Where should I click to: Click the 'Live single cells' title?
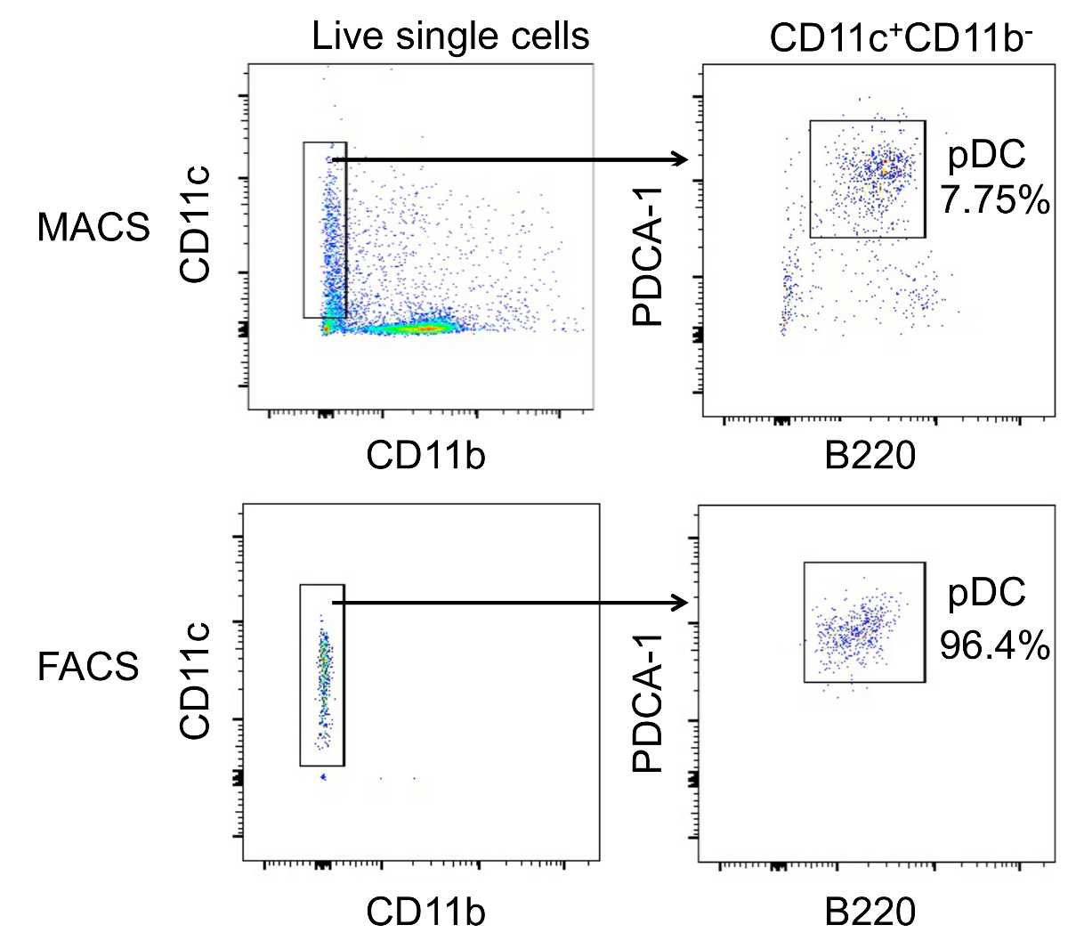(x=450, y=37)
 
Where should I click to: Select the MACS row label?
(x=93, y=228)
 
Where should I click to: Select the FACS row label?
(x=88, y=666)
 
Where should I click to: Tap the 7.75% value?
(x=996, y=201)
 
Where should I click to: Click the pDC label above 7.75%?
(x=986, y=156)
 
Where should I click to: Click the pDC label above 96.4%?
(x=986, y=592)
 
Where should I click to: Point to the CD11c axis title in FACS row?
(x=195, y=681)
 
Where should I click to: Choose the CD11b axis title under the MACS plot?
(x=426, y=455)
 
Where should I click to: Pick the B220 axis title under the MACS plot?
(x=870, y=456)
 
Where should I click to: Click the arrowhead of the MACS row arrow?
(x=682, y=159)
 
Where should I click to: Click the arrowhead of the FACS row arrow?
(x=682, y=603)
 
